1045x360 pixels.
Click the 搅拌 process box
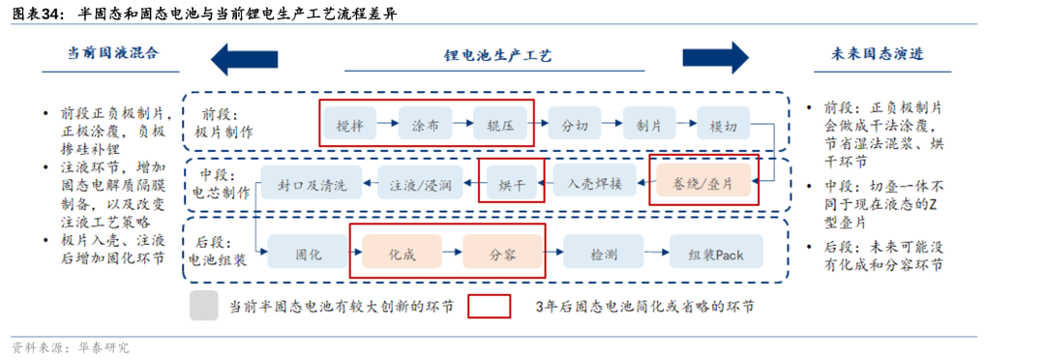pos(349,124)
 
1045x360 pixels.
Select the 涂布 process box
pos(425,124)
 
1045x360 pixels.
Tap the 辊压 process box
pos(499,124)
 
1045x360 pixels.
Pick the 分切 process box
pos(574,124)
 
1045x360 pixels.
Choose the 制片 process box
pos(648,124)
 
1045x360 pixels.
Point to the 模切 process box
pos(723,124)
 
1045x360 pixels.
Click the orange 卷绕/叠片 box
pos(702,181)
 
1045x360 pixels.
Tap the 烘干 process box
pos(511,181)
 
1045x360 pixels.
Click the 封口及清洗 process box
pos(312,181)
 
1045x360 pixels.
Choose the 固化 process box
pos(309,254)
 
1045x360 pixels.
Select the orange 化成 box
pos(402,254)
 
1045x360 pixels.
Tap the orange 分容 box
pos(501,254)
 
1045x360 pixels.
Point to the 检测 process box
pos(604,254)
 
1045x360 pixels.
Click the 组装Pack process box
pos(716,254)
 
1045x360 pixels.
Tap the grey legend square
pos(204,306)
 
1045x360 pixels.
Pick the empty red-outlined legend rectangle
pos(490,306)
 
